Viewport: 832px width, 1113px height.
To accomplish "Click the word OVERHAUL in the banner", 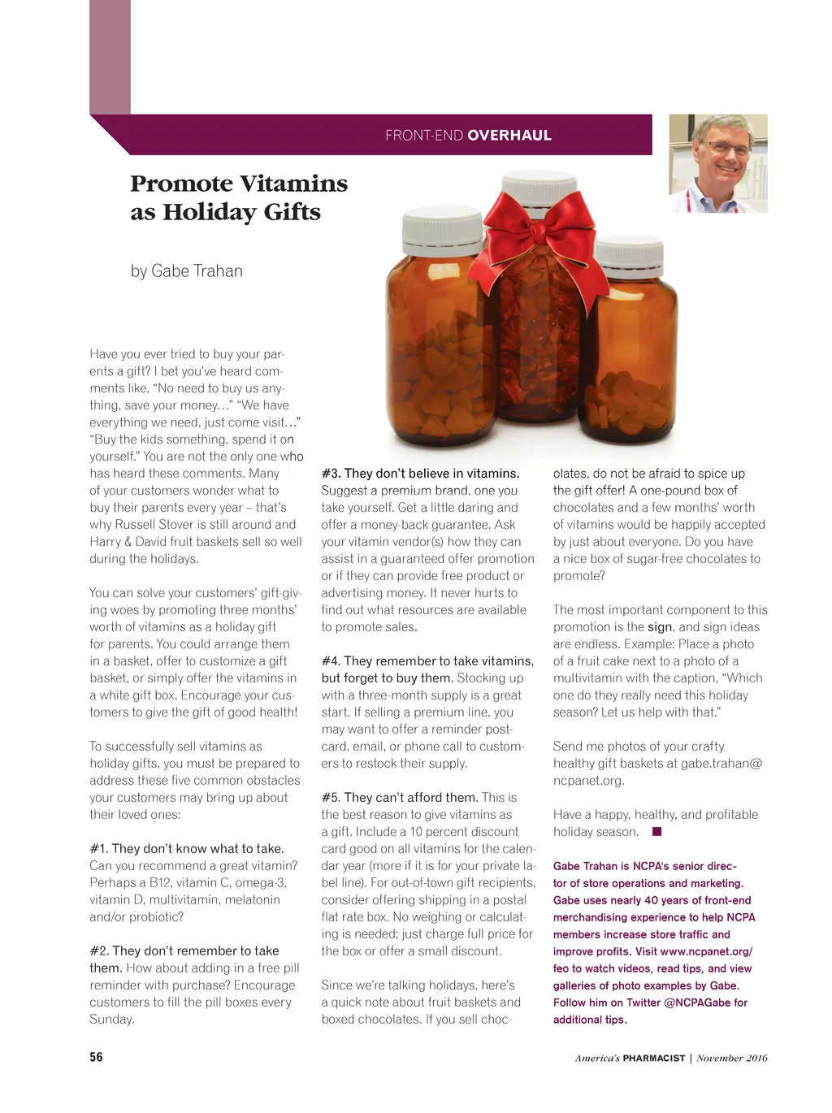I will pos(509,136).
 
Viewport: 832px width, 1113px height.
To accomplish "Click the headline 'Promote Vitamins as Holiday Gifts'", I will pos(238,197).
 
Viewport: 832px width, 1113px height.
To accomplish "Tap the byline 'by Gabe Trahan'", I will pos(186,271).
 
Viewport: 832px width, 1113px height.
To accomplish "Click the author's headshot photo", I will pos(717,164).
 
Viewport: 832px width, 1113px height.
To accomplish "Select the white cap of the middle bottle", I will pos(537,185).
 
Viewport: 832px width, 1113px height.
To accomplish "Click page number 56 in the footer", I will pos(97,1057).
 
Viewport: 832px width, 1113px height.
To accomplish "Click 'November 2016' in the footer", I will pos(731,1058).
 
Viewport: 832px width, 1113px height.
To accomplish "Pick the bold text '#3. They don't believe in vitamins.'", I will pos(420,474).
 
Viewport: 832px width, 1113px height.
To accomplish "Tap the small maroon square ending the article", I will pos(657,832).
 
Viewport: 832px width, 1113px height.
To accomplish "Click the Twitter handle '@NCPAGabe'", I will pos(697,1003).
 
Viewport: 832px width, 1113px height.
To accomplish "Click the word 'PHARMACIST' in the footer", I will pos(653,1058).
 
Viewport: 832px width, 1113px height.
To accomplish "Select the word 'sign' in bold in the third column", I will pos(660,627).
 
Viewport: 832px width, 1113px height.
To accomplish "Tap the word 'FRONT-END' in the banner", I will pos(424,136).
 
